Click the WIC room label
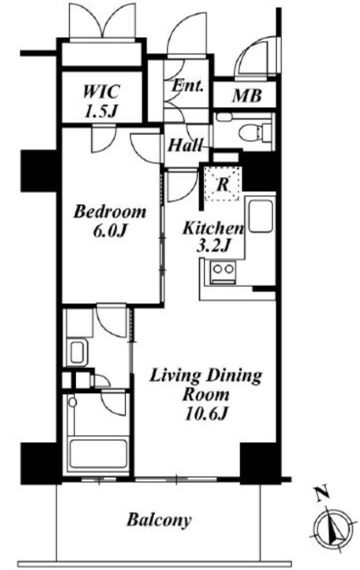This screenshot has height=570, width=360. (x=101, y=91)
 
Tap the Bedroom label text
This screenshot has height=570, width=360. (x=110, y=212)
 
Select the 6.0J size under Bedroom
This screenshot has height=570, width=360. (x=110, y=231)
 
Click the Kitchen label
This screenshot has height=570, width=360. (x=213, y=228)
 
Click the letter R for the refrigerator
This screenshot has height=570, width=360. (x=223, y=185)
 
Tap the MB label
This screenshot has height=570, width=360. (x=246, y=96)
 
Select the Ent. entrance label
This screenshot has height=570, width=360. (x=187, y=86)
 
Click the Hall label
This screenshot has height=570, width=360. (x=185, y=146)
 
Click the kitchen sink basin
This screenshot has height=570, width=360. (x=260, y=215)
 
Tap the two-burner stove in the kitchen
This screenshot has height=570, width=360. (x=223, y=272)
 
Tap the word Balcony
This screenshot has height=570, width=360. (x=159, y=520)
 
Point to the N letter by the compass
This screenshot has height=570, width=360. (x=322, y=493)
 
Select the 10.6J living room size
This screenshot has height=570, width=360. (x=206, y=414)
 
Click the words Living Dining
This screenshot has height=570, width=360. (x=206, y=376)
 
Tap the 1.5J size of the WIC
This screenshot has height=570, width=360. (x=101, y=111)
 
